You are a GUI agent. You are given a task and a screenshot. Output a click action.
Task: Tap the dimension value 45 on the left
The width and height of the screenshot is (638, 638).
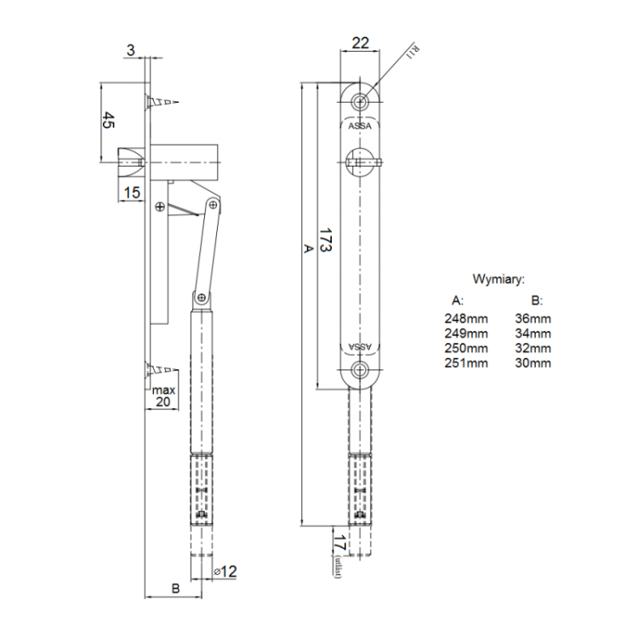pos(109,121)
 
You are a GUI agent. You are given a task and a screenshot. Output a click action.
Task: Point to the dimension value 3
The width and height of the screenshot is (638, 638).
pos(130,50)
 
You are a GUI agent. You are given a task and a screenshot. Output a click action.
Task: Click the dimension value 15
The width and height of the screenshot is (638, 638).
pos(132,192)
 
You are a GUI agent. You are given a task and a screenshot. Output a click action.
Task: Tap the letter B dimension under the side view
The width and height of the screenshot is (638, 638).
pos(174,588)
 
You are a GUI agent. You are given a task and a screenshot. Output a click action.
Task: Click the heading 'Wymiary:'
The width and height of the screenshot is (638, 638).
pos(498,278)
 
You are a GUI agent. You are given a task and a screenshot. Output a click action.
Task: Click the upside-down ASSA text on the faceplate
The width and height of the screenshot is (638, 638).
pos(362,346)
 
